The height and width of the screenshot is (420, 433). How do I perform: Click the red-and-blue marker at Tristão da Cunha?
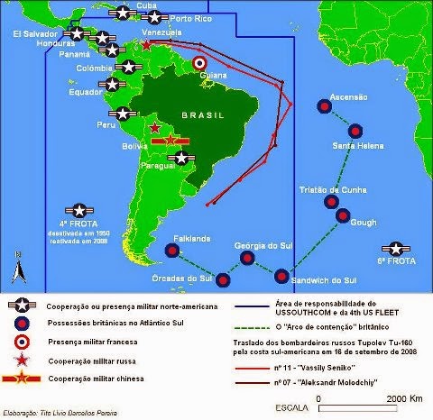tap(331, 201)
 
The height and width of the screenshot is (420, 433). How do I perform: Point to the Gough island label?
tap(362, 221)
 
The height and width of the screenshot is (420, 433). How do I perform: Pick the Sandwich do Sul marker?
tap(282, 276)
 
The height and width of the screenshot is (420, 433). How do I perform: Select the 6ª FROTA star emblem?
tap(394, 248)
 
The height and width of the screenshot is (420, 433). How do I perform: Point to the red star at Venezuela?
tap(146, 44)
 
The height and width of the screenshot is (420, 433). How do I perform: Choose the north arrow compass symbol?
tap(16, 268)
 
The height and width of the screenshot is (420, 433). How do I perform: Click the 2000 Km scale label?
tap(394, 397)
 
